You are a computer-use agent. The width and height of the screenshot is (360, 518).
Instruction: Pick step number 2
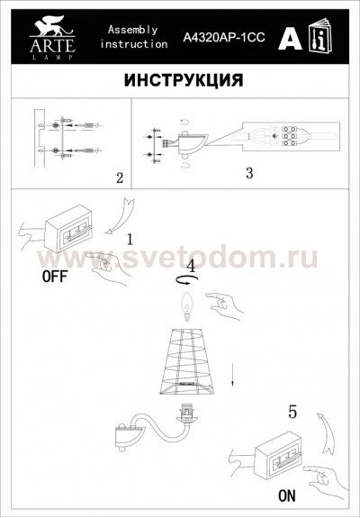point(119,177)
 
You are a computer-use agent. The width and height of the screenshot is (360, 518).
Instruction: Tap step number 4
point(191,267)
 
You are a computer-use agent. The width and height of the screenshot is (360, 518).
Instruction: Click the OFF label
point(55,277)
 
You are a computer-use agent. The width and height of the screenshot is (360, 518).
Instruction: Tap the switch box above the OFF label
point(71,224)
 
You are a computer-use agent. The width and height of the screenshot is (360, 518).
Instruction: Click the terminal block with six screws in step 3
point(291,138)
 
